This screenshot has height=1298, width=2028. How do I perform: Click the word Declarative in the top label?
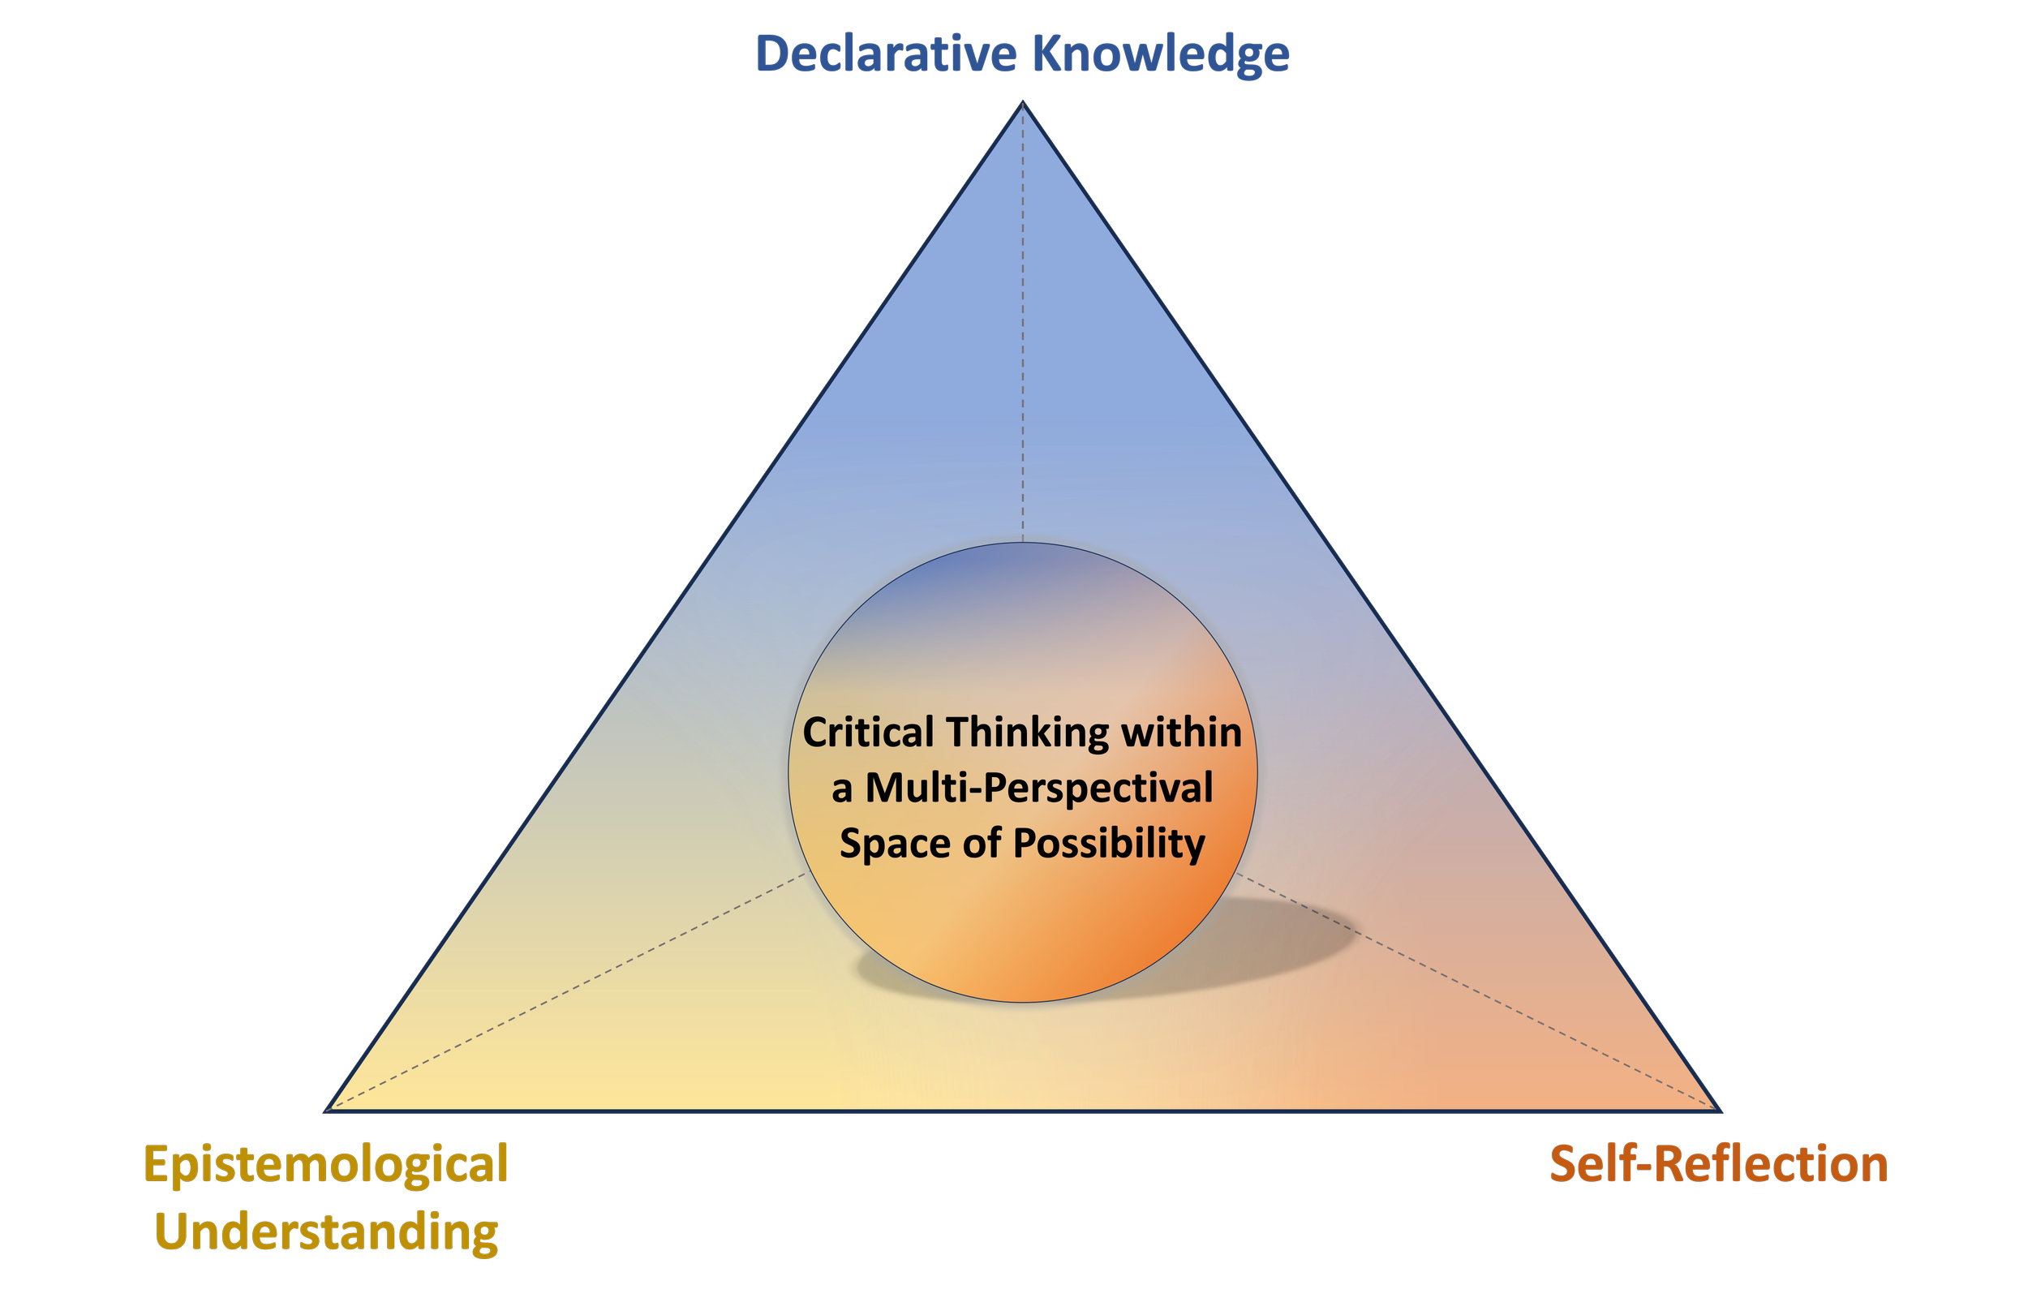[x=887, y=54]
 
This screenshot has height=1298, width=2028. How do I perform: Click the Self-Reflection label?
[x=1719, y=1165]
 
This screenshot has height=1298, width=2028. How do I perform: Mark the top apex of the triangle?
[x=1023, y=105]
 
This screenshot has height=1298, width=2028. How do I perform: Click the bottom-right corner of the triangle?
[x=1719, y=1110]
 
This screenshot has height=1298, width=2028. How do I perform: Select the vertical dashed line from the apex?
[x=1023, y=337]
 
